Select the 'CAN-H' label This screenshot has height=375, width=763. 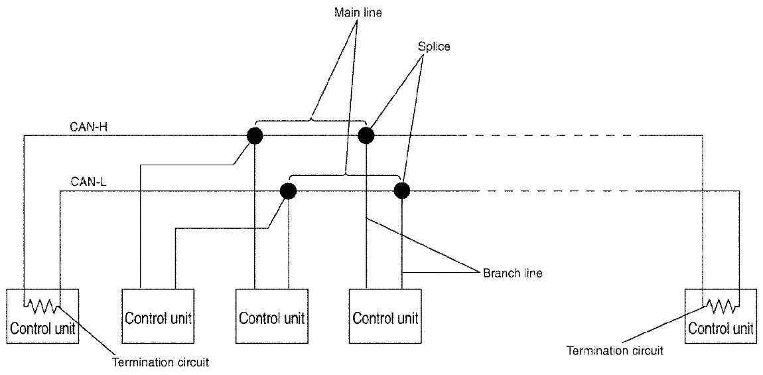coord(85,125)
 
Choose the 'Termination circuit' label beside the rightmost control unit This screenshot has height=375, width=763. coord(615,350)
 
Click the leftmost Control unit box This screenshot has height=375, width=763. coord(43,315)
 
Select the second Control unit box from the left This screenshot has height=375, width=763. coord(158,315)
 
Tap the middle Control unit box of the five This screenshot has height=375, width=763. coord(272,315)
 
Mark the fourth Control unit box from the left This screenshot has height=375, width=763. coord(385,315)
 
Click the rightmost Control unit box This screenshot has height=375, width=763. coord(721,315)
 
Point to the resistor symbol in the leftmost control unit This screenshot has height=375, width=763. coord(42,306)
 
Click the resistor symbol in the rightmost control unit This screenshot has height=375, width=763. coord(720,306)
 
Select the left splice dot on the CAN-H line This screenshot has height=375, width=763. coord(254,135)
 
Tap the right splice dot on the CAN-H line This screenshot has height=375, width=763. coord(366,135)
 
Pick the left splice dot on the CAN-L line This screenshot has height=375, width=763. coord(288,191)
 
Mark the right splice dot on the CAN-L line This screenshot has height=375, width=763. coord(401,191)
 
